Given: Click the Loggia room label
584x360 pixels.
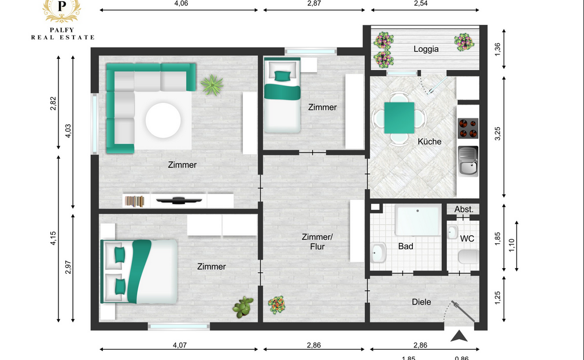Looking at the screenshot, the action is pyautogui.click(x=426, y=49).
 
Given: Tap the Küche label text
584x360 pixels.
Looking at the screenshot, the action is pyautogui.click(x=430, y=142).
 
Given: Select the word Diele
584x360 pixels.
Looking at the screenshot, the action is pyautogui.click(x=422, y=302).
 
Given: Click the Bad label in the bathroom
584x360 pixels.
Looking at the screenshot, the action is pyautogui.click(x=405, y=246).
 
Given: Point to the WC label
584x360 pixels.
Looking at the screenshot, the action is pyautogui.click(x=467, y=238).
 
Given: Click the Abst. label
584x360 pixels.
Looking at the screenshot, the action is pyautogui.click(x=464, y=209).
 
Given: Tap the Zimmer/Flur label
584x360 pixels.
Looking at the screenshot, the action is pyautogui.click(x=317, y=242).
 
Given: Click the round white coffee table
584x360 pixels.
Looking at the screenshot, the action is pyautogui.click(x=163, y=120).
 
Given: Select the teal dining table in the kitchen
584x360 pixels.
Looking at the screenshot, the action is pyautogui.click(x=400, y=118).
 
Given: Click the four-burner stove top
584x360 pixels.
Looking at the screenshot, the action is pyautogui.click(x=468, y=128).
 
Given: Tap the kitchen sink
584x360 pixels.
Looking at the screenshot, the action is pyautogui.click(x=468, y=161).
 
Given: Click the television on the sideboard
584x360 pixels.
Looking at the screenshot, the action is pyautogui.click(x=179, y=201).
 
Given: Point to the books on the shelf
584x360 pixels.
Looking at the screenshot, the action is pyautogui.click(x=135, y=202).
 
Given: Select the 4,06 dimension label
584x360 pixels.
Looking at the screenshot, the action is pyautogui.click(x=181, y=3).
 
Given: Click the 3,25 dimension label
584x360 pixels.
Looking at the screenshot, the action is pyautogui.click(x=498, y=133).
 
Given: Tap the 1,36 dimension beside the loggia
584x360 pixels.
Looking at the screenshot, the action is pyautogui.click(x=498, y=50).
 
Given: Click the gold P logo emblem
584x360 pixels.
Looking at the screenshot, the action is pyautogui.click(x=62, y=9).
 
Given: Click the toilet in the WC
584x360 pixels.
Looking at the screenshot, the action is pyautogui.click(x=468, y=257).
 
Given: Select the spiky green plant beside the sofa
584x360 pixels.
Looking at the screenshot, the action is pyautogui.click(x=212, y=85).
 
